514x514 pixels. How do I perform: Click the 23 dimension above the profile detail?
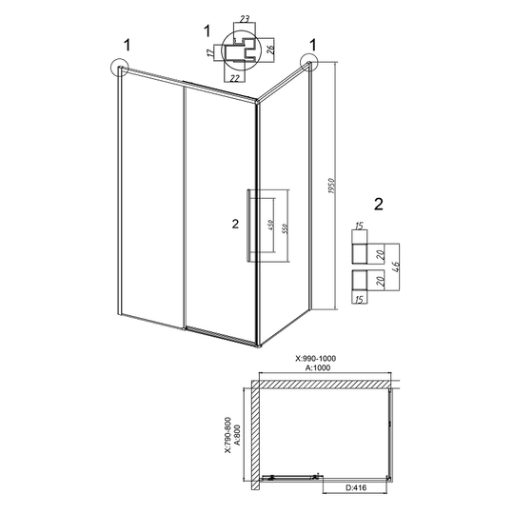[x=245, y=19]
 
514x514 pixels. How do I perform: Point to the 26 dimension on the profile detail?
[x=270, y=49]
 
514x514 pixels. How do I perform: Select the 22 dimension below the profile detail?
[x=235, y=78]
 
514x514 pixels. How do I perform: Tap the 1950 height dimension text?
[x=331, y=186]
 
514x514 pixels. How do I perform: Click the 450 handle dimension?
[x=270, y=225]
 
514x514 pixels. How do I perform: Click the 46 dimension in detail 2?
[x=396, y=268]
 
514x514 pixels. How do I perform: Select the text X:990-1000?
[x=316, y=359]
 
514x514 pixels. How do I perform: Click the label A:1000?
[x=318, y=367]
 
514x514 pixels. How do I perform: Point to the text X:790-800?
[x=227, y=435]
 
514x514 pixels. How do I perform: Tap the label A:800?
[x=238, y=435]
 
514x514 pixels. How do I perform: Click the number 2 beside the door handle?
[x=235, y=225]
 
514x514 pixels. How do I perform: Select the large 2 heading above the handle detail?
[x=379, y=205]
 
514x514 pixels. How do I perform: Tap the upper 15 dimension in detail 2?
[x=359, y=226]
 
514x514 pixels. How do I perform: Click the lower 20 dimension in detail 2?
[x=380, y=281]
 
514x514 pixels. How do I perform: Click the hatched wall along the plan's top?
[x=326, y=384]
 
